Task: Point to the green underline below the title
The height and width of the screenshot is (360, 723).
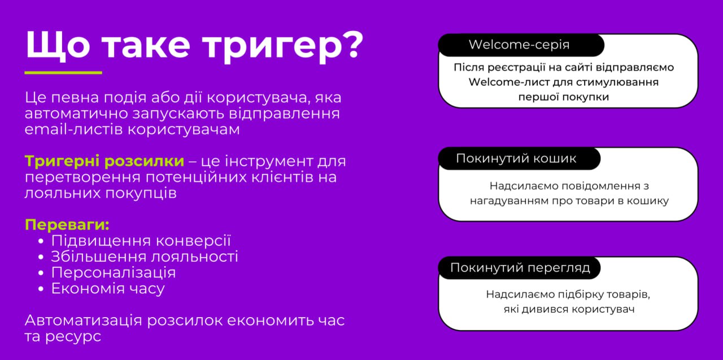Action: pos(63,73)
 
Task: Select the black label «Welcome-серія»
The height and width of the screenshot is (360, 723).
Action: pos(521,45)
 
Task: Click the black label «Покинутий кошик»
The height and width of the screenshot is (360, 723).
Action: pos(519,159)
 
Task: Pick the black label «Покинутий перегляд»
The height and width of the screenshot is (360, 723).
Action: pos(519,268)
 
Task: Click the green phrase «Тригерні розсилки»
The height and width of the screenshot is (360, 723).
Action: pos(104,162)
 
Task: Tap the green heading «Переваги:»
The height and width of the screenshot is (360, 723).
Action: pos(67,225)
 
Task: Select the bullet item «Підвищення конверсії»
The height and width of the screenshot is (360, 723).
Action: pos(141,241)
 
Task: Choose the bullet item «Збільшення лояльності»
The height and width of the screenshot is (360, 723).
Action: pos(145,257)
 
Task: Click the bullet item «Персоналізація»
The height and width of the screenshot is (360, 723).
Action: pos(114,273)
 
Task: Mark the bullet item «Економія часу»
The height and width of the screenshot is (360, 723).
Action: pos(108,289)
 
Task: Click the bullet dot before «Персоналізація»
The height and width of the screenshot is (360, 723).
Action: pos(41,273)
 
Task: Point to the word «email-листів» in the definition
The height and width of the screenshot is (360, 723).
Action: pos(74,129)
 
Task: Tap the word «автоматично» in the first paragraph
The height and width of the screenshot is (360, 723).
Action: pos(76,114)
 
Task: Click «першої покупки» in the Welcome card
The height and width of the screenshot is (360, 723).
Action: pos(564,97)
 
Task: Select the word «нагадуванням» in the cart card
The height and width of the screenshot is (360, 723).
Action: pos(509,201)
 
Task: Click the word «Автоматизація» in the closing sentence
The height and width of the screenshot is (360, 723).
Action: pos(83,320)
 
